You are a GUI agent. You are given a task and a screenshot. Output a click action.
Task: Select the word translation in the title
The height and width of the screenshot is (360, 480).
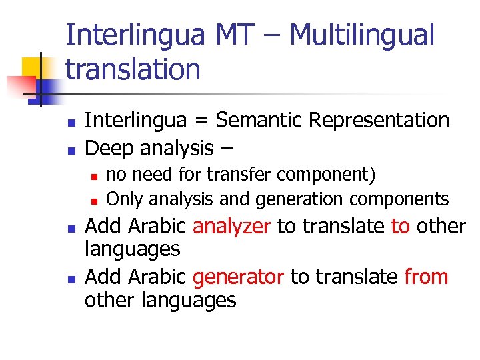click(133, 69)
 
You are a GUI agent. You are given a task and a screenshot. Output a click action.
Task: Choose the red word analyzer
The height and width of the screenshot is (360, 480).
click(231, 227)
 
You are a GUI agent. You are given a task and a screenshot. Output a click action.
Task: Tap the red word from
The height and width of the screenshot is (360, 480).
click(426, 277)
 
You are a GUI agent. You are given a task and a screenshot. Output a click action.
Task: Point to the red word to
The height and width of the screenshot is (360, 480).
click(400, 227)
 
